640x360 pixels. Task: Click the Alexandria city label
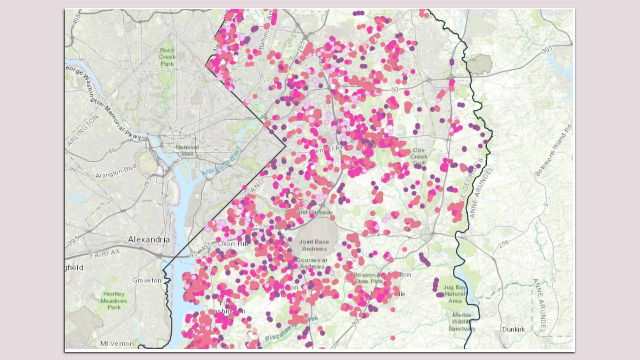[149, 239]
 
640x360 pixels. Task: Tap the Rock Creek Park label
[167, 57]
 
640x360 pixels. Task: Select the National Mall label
[187, 150]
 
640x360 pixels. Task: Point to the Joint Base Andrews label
[314, 245]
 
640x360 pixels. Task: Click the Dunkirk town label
[513, 329]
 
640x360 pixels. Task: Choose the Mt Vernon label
[117, 343]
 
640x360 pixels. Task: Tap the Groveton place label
[147, 280]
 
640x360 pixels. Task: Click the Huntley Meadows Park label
[114, 300]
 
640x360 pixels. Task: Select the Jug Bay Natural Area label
[455, 294]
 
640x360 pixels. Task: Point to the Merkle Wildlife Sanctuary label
[462, 322]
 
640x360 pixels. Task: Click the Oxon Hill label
[232, 244]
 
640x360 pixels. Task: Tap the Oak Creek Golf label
[419, 156]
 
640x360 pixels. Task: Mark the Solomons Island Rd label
[553, 150]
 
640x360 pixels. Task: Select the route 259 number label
[504, 244]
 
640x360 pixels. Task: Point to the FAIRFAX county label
[105, 254]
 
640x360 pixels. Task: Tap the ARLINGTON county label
[83, 130]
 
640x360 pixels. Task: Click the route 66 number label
[112, 151]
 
